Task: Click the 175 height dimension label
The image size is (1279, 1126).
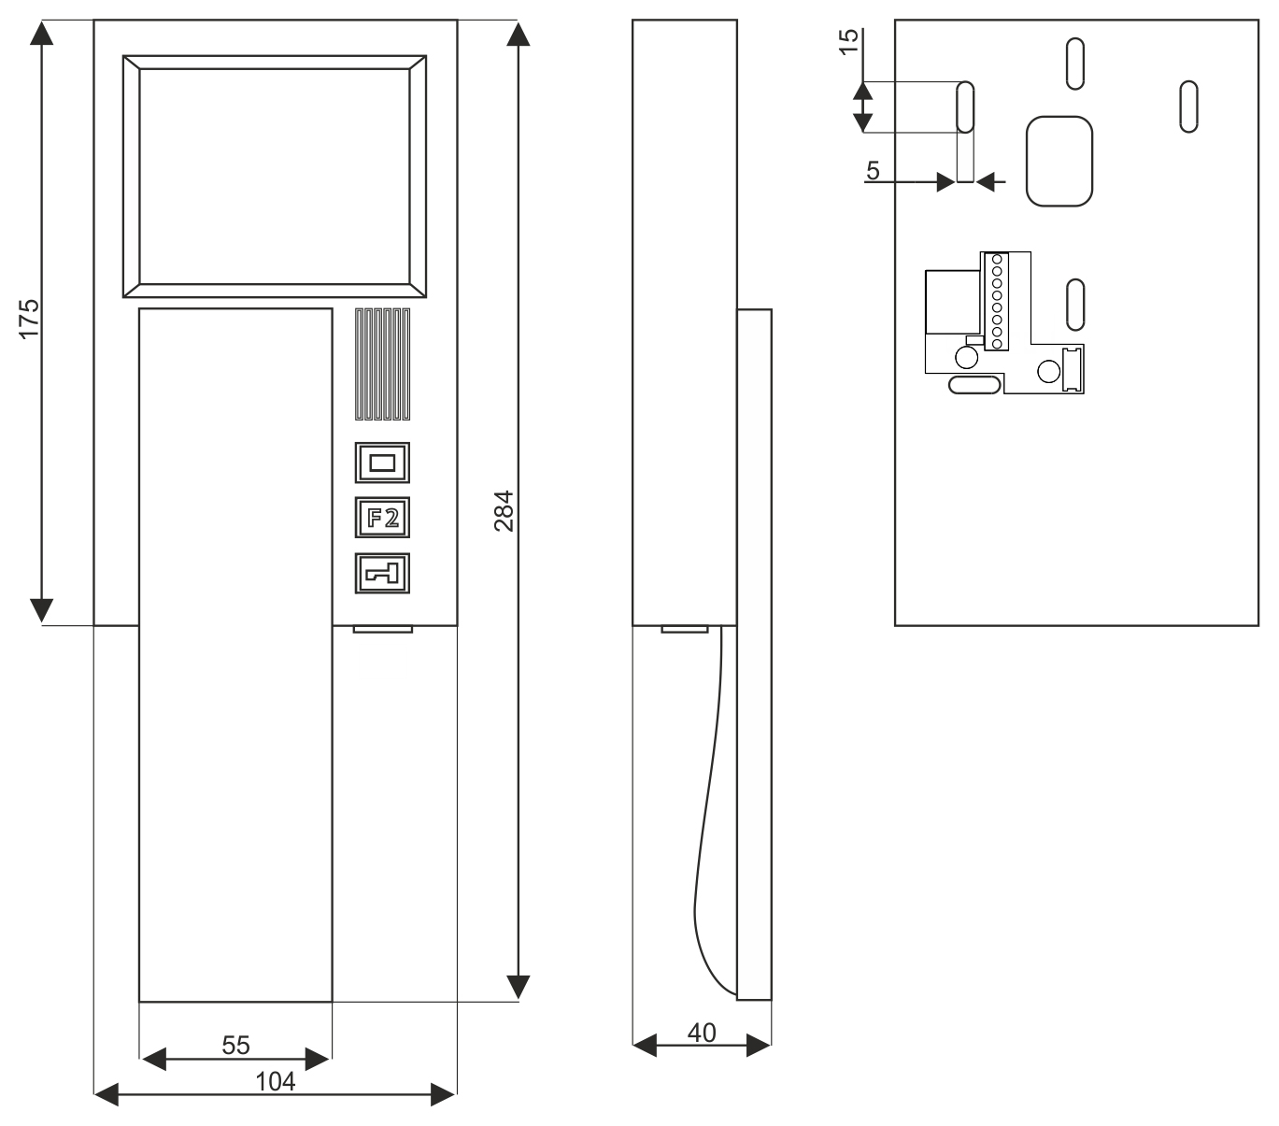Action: click(x=30, y=318)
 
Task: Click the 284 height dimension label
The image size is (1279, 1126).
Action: click(x=504, y=510)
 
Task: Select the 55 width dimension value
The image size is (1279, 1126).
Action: click(x=235, y=1045)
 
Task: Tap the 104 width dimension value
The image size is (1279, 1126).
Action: click(x=275, y=1082)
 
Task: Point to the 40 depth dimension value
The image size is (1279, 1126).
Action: click(x=702, y=1033)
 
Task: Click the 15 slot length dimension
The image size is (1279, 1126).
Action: click(x=848, y=42)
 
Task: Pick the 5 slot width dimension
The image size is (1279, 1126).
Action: click(x=873, y=171)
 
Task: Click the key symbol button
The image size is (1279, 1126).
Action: click(x=383, y=573)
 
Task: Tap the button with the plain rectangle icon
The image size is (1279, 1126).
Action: click(x=383, y=462)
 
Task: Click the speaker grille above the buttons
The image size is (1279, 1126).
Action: click(x=382, y=364)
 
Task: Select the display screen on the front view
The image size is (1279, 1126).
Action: click(x=275, y=176)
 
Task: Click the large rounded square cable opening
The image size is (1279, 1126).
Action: click(x=1059, y=161)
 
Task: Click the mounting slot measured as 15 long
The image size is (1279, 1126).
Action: click(x=965, y=107)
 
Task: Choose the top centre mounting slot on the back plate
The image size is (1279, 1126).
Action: click(x=1075, y=64)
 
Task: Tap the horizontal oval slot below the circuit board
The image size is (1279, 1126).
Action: click(x=973, y=384)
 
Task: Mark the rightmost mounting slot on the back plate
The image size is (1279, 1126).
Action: click(x=1188, y=107)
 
